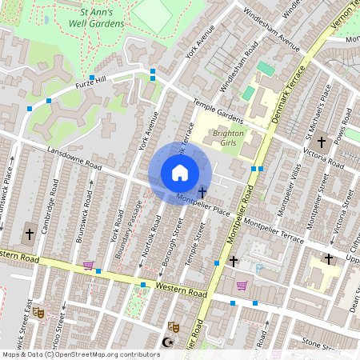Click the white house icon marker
coord(180,173)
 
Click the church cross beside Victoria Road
coord(321,141)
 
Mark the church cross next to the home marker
coord(202,192)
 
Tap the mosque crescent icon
coord(166,342)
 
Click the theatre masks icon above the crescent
coord(172,326)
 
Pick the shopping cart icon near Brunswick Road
coord(88,266)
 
